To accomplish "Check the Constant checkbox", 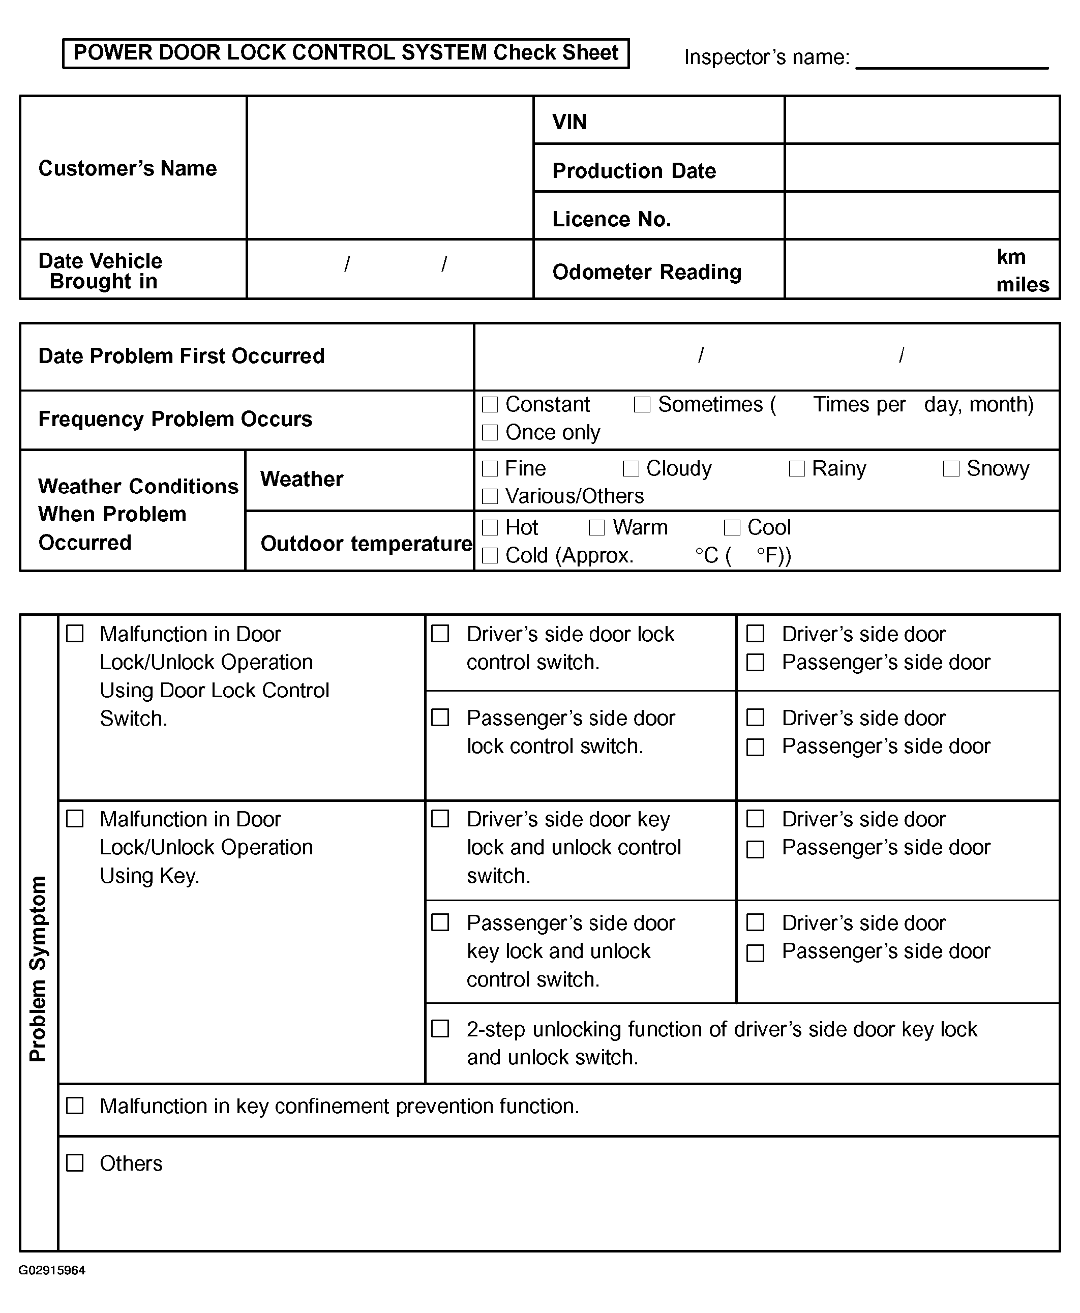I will [x=490, y=404].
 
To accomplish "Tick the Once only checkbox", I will [x=490, y=432].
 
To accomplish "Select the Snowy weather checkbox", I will [x=951, y=468].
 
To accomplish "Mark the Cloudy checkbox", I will [x=631, y=468].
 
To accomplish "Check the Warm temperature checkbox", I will [x=596, y=528].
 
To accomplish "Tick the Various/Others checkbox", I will [x=490, y=496].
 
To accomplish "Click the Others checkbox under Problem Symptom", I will [x=75, y=1162].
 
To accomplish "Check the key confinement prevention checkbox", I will [x=75, y=1105].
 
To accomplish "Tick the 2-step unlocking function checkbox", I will [x=440, y=1028].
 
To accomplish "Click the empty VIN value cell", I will [x=922, y=120].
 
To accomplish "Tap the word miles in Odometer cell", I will [x=1022, y=285].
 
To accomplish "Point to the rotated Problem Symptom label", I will [x=38, y=968].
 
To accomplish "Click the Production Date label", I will [x=634, y=170].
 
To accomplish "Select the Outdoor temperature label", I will [x=366, y=543].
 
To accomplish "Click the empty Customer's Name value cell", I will [x=390, y=167].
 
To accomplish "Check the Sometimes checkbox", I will [x=642, y=404].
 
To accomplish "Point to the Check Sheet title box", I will [x=346, y=53].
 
